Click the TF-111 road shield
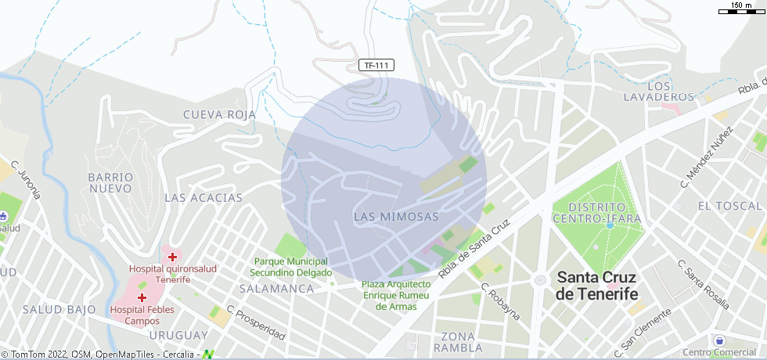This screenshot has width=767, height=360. click(x=376, y=66)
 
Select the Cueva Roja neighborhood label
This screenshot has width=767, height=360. click(x=219, y=115)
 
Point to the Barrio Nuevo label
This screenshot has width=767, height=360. click(x=110, y=182)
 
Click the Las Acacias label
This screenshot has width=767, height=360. click(x=203, y=198)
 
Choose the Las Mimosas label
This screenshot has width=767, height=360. click(x=396, y=216)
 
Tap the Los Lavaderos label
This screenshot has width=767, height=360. click(x=659, y=91)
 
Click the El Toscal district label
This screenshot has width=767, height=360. click(x=729, y=206)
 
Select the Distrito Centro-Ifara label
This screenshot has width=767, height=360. click(x=596, y=212)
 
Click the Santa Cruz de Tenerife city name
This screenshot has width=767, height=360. click(x=596, y=286)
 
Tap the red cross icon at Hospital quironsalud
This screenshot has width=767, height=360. click(x=172, y=257)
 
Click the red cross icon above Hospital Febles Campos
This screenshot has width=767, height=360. click(x=142, y=298)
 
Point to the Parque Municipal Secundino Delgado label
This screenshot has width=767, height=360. click(x=289, y=267)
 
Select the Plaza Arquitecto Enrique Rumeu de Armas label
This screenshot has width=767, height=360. click(x=396, y=294)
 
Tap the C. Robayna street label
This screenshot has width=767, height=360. click(x=500, y=301)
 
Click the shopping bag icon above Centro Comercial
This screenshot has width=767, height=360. click(x=719, y=341)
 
